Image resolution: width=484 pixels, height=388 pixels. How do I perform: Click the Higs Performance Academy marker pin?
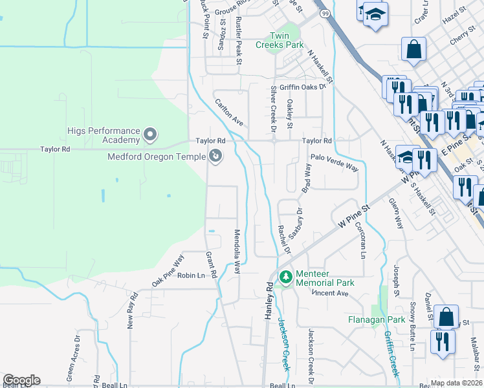click(151, 135)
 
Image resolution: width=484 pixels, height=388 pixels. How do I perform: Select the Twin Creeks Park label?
click(287, 40)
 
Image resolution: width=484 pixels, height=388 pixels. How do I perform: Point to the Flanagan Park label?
click(377, 319)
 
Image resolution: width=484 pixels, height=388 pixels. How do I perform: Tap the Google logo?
click(21, 380)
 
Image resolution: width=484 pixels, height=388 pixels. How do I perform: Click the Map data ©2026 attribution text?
click(456, 383)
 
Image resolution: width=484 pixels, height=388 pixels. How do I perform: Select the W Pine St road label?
click(352, 215)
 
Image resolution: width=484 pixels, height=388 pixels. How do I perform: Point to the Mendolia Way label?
click(237, 251)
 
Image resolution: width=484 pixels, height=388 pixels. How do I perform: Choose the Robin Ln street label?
click(191, 275)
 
